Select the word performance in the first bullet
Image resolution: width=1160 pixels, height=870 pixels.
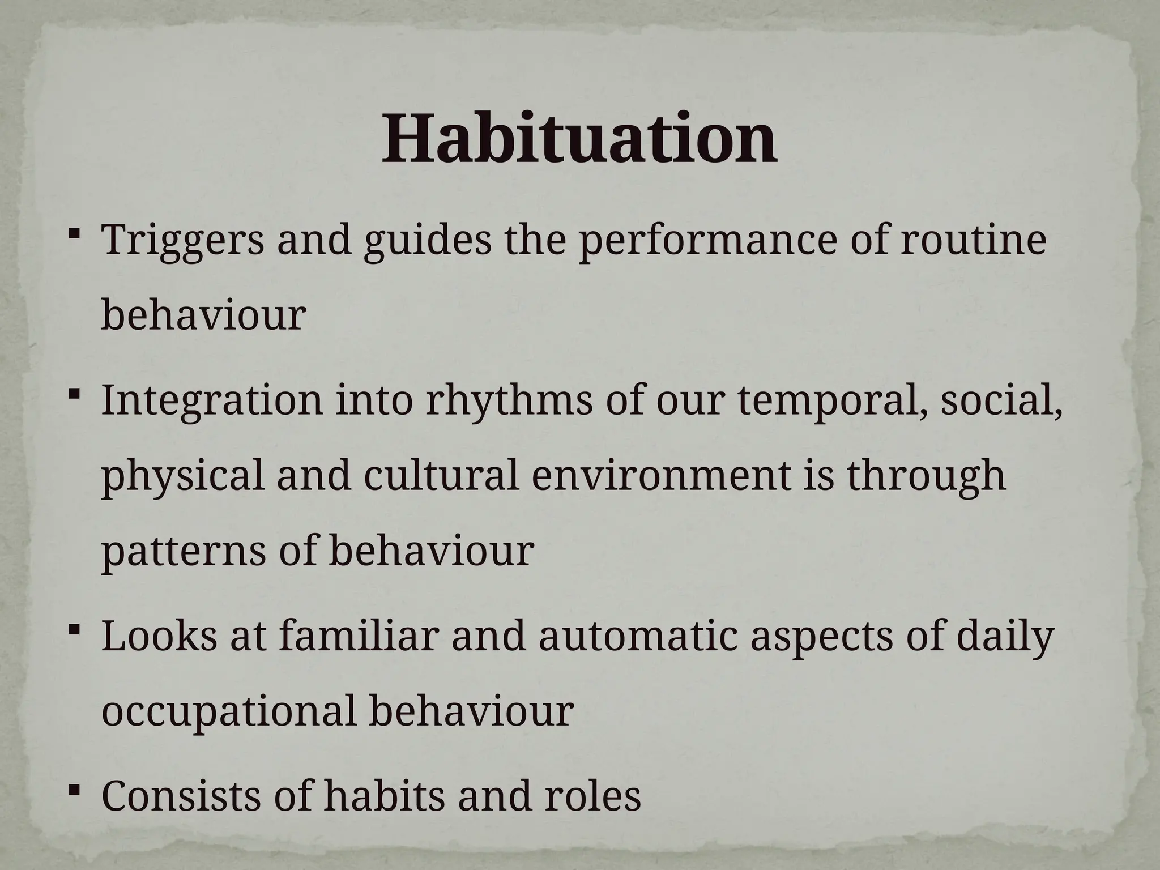(706, 240)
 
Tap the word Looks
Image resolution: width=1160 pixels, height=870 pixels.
(159, 636)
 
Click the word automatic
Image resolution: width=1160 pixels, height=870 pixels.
(638, 636)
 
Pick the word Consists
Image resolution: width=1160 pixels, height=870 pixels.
(182, 795)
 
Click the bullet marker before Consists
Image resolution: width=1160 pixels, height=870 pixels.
(74, 788)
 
